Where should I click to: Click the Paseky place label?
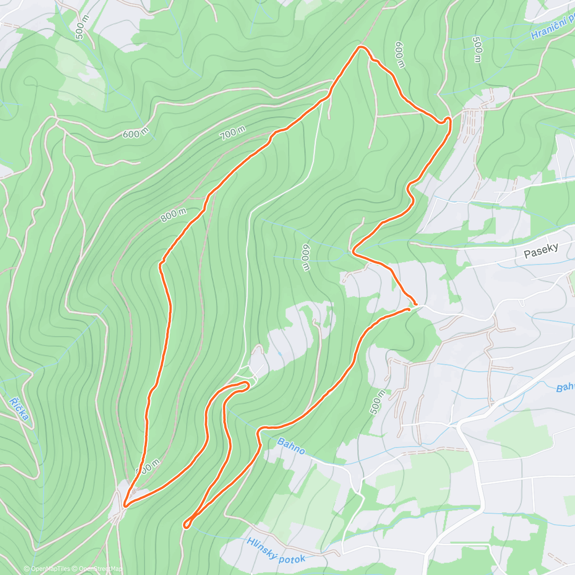(541, 250)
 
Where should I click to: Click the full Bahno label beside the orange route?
(291, 446)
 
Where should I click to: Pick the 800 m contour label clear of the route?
(173, 215)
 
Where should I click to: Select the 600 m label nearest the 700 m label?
(135, 134)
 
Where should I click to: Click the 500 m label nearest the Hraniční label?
(477, 49)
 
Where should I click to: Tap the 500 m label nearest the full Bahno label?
(378, 402)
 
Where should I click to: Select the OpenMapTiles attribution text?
(50, 569)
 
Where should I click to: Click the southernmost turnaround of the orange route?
(186, 526)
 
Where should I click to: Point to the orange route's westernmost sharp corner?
(125, 505)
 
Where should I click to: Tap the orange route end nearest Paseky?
(415, 304)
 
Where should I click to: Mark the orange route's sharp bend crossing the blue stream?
(354, 251)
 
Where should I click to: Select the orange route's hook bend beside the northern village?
(449, 120)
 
